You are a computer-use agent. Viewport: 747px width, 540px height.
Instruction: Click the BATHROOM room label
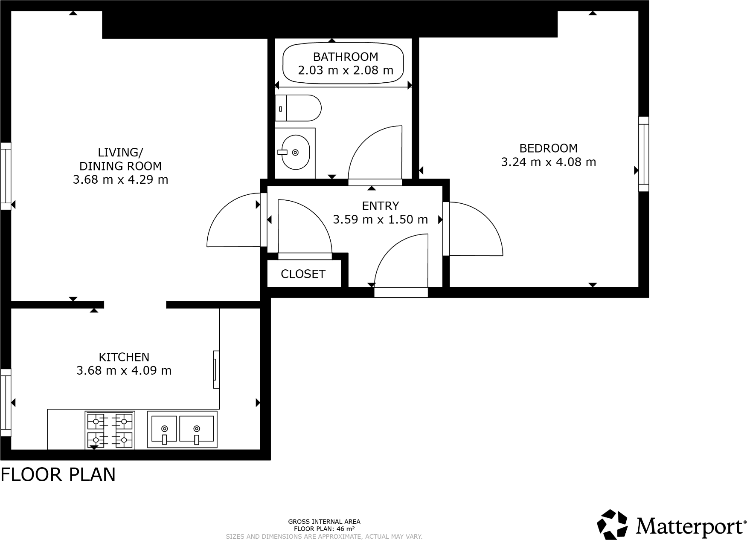(345, 57)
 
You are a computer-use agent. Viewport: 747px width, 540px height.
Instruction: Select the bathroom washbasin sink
(295, 152)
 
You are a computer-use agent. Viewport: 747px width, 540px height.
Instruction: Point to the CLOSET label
(303, 274)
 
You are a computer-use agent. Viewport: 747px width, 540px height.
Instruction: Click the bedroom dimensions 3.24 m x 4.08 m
(548, 162)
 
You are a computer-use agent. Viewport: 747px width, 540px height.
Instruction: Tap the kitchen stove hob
(110, 430)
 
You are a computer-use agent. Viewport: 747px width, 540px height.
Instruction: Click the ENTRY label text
(380, 206)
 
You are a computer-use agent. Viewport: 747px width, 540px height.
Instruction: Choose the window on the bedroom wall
(643, 154)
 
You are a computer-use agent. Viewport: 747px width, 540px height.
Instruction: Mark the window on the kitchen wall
(6, 402)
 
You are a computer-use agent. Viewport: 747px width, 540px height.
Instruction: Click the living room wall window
(6, 176)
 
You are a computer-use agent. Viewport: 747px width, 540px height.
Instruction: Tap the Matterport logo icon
(613, 524)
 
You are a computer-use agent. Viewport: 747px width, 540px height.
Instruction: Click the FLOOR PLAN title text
(58, 475)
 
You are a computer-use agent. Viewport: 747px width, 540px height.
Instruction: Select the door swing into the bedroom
(474, 230)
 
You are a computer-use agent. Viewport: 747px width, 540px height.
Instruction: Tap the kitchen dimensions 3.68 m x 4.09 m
(124, 371)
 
